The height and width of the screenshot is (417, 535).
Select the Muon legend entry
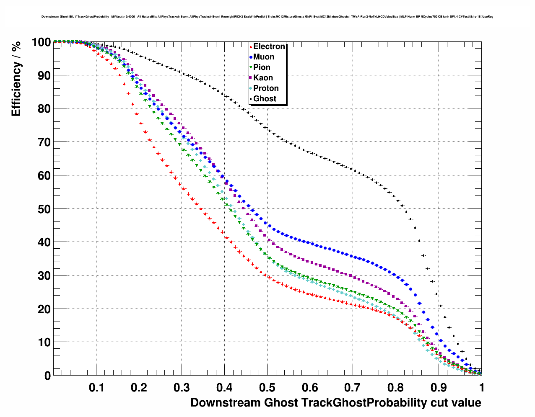[264, 57]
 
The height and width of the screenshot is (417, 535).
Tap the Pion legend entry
[262, 67]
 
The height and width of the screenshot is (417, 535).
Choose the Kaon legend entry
[263, 78]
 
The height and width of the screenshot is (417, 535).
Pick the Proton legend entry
[266, 88]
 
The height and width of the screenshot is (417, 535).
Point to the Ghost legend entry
[265, 99]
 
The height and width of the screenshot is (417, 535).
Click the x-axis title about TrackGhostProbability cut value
[335, 403]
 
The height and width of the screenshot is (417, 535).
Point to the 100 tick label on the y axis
[41, 42]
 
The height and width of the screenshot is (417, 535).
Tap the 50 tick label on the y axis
[44, 209]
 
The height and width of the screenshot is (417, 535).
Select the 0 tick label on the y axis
[47, 376]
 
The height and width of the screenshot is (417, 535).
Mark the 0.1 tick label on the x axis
[96, 388]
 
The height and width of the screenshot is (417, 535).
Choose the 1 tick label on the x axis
[482, 388]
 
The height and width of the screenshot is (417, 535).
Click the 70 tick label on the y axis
[44, 142]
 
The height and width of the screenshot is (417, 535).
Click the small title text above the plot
[267, 17]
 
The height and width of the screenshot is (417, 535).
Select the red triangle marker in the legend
[251, 46]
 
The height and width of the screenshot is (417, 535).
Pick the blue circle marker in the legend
[251, 57]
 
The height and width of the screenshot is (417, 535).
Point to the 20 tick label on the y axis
[44, 309]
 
